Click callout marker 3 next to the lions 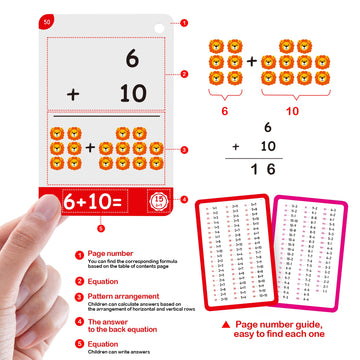184,150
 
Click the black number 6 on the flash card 131,62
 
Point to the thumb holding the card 45,225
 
